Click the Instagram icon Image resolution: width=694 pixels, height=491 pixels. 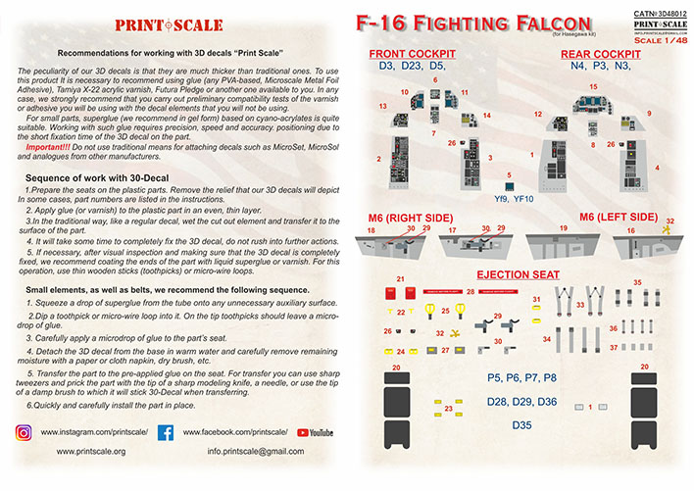tap(24, 431)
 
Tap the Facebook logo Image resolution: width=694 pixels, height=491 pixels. tap(166, 431)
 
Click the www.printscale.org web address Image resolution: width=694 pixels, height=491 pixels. tap(92, 452)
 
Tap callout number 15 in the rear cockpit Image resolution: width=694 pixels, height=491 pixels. tap(592, 86)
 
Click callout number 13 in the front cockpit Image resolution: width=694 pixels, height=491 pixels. tap(382, 105)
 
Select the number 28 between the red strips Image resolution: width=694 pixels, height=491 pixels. tap(471, 292)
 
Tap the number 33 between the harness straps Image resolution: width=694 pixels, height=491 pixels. tap(580, 305)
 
